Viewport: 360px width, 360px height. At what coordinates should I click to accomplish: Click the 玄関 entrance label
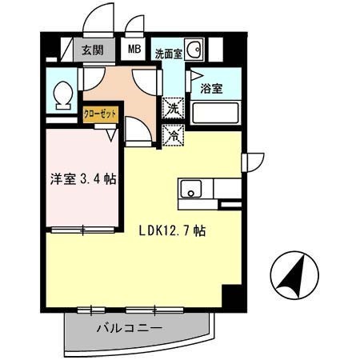pyautogui.click(x=91, y=50)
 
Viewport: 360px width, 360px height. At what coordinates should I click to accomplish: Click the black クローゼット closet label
pyautogui.click(x=101, y=114)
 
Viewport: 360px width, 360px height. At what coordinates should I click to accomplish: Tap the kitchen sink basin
pyautogui.click(x=190, y=190)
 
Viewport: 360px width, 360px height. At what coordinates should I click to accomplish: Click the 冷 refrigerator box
pyautogui.click(x=172, y=136)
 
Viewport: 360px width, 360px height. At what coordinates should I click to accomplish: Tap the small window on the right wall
pyautogui.click(x=245, y=160)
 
